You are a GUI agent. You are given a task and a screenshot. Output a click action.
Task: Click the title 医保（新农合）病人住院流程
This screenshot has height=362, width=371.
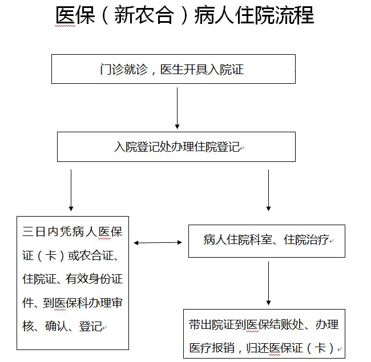coord(184,15)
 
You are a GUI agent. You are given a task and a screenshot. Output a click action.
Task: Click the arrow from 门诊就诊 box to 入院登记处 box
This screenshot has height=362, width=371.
coord(177,108)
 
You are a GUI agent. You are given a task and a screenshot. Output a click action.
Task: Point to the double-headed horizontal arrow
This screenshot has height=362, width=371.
coord(158,242)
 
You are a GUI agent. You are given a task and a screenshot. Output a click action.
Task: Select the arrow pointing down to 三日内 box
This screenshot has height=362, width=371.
coord(71,190)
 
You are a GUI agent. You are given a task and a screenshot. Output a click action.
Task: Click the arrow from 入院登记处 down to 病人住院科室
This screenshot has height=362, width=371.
coord(268,190)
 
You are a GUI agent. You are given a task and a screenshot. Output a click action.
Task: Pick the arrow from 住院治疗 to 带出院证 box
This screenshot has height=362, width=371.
coord(268,283)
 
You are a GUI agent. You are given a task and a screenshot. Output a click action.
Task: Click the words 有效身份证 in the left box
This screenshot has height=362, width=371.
coord(94,279)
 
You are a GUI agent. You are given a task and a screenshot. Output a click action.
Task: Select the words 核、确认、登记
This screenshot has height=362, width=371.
coord(62,326)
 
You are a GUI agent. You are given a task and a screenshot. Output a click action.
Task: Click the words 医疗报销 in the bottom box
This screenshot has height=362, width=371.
coord(212,348)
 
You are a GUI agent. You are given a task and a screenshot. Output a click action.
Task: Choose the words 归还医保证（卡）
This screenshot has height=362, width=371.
coord(291,348)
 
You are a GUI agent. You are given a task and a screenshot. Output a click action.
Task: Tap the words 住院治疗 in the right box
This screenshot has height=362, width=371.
coord(307,239)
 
